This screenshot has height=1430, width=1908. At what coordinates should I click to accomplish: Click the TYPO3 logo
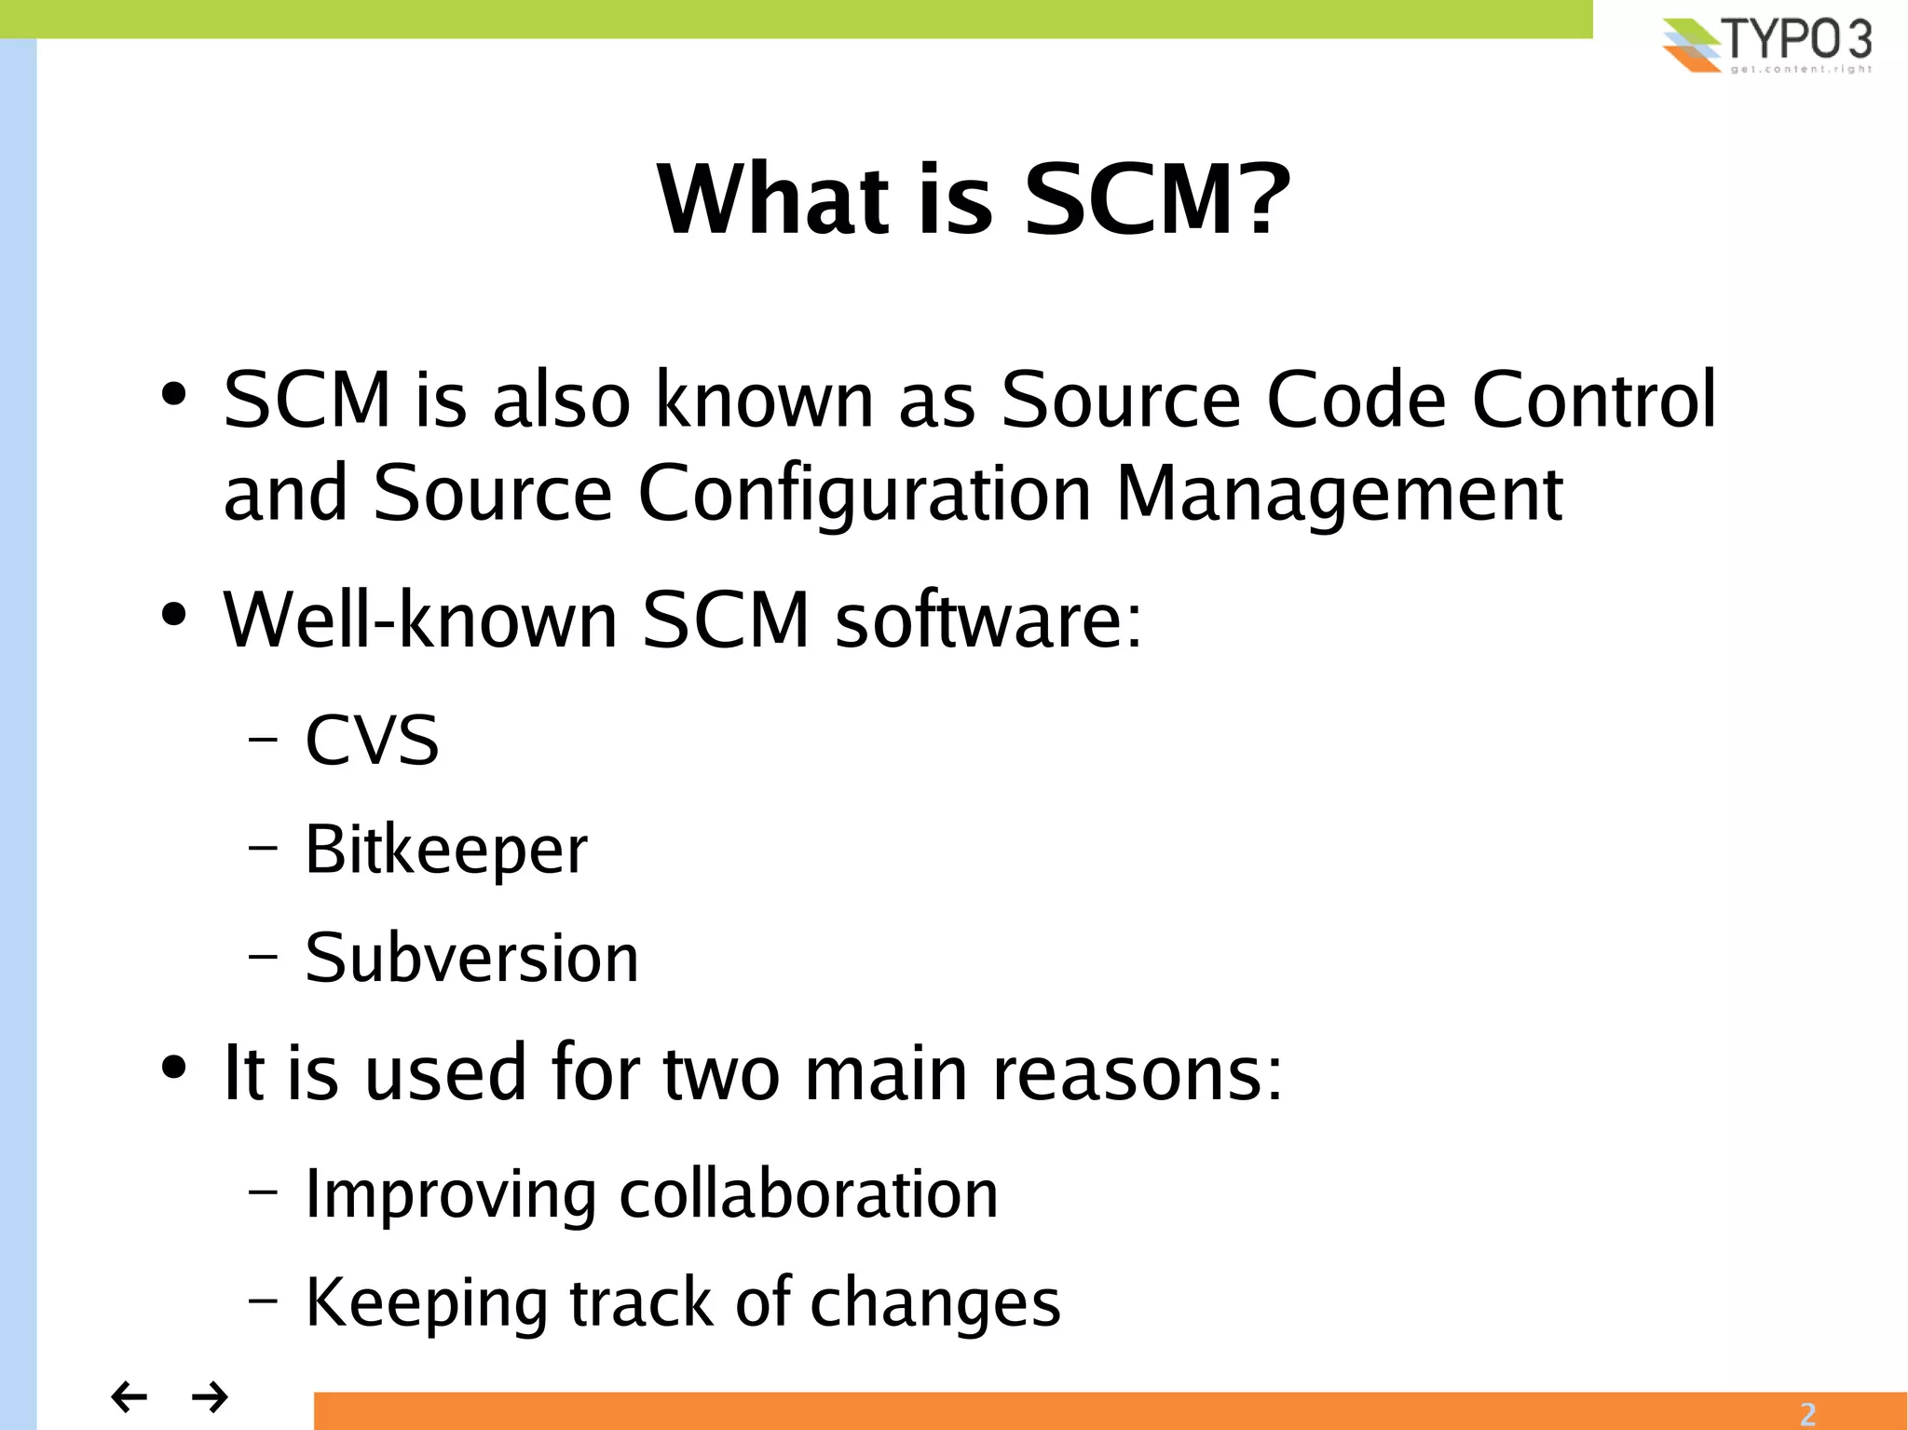pyautogui.click(x=1766, y=44)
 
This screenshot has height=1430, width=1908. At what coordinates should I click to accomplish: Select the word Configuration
pyautogui.click(x=864, y=494)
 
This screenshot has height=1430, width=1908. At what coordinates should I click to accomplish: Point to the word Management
pyautogui.click(x=1339, y=494)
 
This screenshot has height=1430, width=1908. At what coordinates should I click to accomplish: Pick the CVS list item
pyautogui.click(x=372, y=741)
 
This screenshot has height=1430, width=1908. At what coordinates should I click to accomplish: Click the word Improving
pyautogui.click(x=451, y=1195)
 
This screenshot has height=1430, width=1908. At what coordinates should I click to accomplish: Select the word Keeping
pyautogui.click(x=426, y=1303)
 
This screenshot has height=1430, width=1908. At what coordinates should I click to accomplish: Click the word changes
pyautogui.click(x=934, y=1303)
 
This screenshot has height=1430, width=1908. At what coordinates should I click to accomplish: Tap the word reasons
pyautogui.click(x=1137, y=1073)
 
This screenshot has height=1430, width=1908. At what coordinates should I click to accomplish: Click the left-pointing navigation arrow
pyautogui.click(x=129, y=1396)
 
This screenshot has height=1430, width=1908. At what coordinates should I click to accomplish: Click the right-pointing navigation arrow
pyautogui.click(x=210, y=1396)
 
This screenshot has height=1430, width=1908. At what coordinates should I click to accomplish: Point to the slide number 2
pyautogui.click(x=1807, y=1413)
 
